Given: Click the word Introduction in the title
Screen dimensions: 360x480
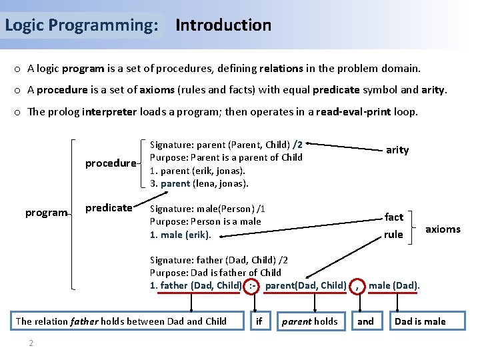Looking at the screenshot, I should [223, 25].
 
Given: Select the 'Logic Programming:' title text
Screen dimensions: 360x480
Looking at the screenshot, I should [81, 25].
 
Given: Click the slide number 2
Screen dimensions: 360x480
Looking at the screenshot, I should [31, 343].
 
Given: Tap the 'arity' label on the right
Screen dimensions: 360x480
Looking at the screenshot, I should [397, 150].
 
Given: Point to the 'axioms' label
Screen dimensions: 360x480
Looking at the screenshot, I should [443, 229].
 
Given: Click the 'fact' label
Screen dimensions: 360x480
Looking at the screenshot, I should [393, 217].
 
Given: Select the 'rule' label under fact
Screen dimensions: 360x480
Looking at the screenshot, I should [393, 234].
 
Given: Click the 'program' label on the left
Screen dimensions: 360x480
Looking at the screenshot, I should [46, 213].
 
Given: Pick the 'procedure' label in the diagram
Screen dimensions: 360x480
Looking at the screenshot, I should [110, 163].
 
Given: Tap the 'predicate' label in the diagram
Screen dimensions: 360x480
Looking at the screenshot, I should [109, 208].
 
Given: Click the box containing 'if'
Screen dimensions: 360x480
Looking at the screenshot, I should [259, 321].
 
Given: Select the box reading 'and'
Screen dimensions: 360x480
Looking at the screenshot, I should [365, 321].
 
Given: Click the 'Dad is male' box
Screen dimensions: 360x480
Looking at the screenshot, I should [420, 321].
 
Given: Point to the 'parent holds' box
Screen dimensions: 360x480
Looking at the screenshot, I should [309, 321].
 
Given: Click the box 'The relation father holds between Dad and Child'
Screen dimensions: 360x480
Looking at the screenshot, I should [121, 321].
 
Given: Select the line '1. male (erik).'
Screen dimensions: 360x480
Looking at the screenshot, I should [180, 235].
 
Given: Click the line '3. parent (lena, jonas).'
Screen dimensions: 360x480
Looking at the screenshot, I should [199, 183].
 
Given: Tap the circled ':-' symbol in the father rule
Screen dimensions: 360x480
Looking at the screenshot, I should [253, 286].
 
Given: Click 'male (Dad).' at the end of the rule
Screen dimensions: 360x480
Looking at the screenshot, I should [394, 286].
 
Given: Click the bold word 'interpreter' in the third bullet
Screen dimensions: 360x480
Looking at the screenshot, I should [109, 111].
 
